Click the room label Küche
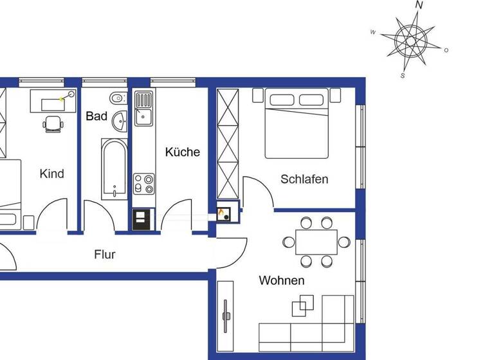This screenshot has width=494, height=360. [x=183, y=152]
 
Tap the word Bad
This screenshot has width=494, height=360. [x=96, y=116]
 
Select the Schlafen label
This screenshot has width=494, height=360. [x=304, y=179]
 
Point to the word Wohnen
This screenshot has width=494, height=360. [x=282, y=281]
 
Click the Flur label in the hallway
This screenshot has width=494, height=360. [x=105, y=255]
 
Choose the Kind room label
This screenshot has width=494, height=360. [x=51, y=174]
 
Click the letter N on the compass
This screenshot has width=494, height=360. [x=419, y=5]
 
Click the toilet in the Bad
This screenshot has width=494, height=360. [x=116, y=98]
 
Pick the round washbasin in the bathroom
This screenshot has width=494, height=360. [x=120, y=120]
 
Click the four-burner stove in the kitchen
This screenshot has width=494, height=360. [x=143, y=184]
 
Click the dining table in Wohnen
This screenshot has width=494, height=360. [x=316, y=242]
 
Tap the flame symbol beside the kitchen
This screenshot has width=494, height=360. [x=223, y=212]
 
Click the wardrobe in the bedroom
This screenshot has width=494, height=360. [x=228, y=145]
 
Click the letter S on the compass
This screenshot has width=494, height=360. [x=402, y=76]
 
